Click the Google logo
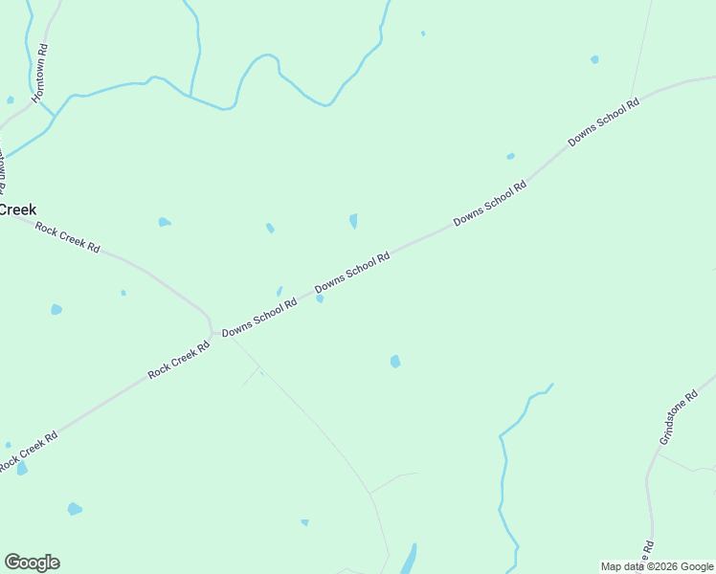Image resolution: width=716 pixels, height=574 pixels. tap(32, 563)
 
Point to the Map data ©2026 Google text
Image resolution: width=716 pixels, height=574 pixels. tap(657, 566)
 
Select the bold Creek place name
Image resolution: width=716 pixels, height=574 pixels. tap(17, 210)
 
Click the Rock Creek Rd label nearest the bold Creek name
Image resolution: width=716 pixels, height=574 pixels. tap(67, 236)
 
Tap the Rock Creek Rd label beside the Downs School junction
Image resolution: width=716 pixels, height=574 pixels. tap(179, 361)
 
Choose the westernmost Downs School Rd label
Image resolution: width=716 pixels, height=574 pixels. tap(259, 317)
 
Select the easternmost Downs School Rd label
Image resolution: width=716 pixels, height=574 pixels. tap(603, 121)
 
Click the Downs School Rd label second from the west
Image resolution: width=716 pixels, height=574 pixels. tap(352, 272)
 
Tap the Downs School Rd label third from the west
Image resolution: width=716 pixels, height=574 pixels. tap(490, 204)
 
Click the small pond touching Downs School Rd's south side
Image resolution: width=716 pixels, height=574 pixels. tap(320, 298)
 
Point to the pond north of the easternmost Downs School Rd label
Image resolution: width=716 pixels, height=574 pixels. tap(594, 59)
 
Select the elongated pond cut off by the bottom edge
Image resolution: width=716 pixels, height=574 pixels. tap(410, 560)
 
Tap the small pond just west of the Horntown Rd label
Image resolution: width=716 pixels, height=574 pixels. tap(11, 99)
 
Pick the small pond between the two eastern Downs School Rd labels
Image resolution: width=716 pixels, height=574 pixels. tap(510, 156)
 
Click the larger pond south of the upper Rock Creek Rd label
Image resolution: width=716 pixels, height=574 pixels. tap(56, 309)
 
